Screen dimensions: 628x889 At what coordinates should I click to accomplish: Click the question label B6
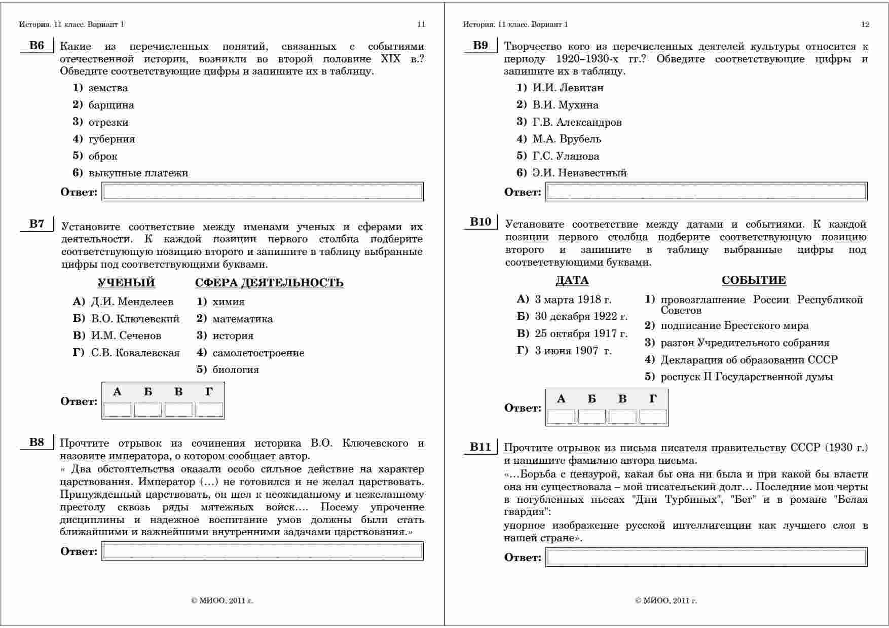(36, 46)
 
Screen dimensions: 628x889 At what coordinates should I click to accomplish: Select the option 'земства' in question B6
(108, 88)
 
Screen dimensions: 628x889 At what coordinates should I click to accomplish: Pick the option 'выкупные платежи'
(138, 173)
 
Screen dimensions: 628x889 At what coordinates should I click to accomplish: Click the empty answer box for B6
(263, 192)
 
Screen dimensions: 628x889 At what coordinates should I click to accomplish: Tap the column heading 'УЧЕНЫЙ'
(126, 283)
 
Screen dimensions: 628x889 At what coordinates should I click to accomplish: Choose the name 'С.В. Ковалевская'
(135, 353)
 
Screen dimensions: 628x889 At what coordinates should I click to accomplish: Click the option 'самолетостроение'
(258, 353)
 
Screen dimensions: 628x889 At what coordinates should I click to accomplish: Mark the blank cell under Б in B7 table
(148, 410)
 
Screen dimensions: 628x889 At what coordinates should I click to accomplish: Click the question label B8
(36, 442)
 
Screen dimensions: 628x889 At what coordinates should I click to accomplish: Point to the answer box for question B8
(263, 551)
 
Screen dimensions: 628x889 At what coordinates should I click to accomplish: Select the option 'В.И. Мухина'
(565, 105)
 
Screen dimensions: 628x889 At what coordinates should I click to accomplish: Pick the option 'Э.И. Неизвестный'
(579, 173)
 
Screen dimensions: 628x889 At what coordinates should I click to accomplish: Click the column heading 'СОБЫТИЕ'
(754, 280)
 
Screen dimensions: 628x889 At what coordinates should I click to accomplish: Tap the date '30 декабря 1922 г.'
(581, 317)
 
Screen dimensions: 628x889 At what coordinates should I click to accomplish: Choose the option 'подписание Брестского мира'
(734, 326)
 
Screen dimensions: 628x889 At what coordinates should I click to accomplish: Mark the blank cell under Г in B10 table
(653, 417)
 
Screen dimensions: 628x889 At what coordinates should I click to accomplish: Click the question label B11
(480, 447)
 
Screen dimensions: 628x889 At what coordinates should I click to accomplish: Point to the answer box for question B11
(707, 557)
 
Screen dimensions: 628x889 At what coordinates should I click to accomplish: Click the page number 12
(865, 24)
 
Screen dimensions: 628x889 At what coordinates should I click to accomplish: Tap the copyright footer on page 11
(222, 601)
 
